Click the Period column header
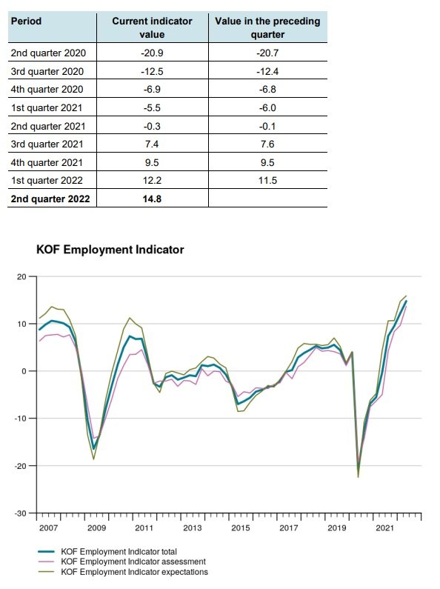26,21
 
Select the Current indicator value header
152,27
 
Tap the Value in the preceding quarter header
267,27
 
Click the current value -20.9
152,53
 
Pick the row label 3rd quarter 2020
47,71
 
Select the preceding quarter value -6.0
267,108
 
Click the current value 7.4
152,144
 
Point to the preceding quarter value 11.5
267,180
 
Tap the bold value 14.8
152,199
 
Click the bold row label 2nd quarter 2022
50,199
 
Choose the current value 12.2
152,180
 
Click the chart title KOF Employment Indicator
110,250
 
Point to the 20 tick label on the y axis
21,277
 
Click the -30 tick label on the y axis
21,513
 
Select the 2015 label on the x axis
241,528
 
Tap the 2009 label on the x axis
97,528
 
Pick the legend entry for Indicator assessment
121,562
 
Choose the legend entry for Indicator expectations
123,572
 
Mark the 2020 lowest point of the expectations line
359,477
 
